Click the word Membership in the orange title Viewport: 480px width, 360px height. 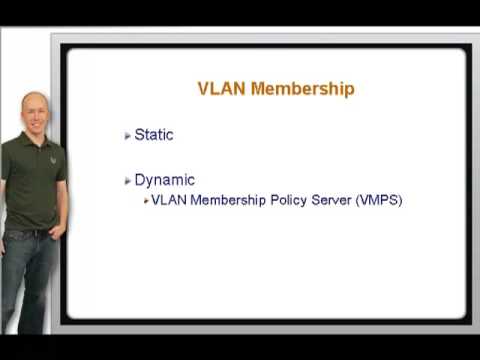[302, 89]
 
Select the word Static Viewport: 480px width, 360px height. [154, 135]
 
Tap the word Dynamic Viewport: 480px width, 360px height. [164, 180]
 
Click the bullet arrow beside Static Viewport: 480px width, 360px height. [127, 136]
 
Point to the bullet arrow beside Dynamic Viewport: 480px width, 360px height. [127, 181]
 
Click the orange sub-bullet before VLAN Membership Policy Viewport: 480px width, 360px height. [146, 200]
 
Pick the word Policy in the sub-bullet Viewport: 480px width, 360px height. [263, 200]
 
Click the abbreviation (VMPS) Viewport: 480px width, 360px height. [372, 200]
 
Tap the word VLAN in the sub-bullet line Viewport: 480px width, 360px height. [168, 200]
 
